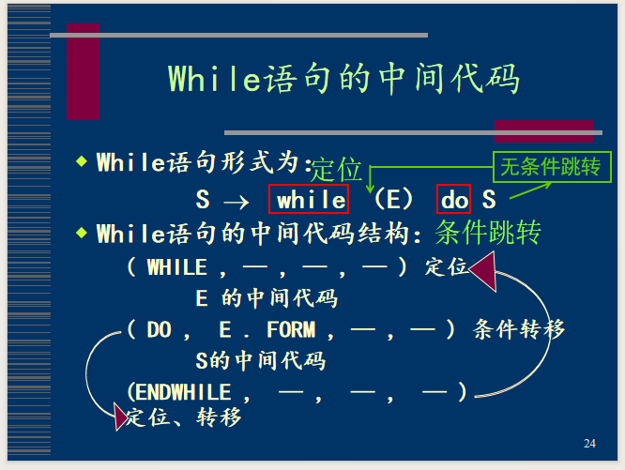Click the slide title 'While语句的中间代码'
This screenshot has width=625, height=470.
click(343, 79)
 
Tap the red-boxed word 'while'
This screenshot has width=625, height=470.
click(309, 199)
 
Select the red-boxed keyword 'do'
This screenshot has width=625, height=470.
click(453, 199)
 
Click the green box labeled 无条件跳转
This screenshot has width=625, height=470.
click(552, 167)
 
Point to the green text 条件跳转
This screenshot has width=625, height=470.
click(488, 232)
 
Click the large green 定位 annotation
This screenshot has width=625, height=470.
click(336, 169)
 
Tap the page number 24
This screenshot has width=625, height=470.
click(589, 444)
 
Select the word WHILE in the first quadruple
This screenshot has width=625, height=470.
click(177, 267)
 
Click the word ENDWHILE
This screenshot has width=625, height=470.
click(183, 392)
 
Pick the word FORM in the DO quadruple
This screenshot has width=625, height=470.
click(291, 330)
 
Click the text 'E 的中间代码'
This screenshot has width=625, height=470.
click(267, 298)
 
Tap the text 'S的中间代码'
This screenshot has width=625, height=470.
click(261, 361)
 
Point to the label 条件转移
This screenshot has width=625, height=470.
click(519, 329)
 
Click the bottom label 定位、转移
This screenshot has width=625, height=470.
click(184, 417)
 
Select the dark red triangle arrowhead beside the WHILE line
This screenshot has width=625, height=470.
click(483, 271)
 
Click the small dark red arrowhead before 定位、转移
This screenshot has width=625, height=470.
click(120, 417)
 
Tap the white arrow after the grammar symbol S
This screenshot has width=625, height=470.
click(236, 202)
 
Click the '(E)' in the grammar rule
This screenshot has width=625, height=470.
click(393, 199)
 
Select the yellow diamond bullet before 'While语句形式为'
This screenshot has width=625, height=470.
click(82, 161)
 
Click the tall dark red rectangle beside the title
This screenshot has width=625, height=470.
click(83, 71)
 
